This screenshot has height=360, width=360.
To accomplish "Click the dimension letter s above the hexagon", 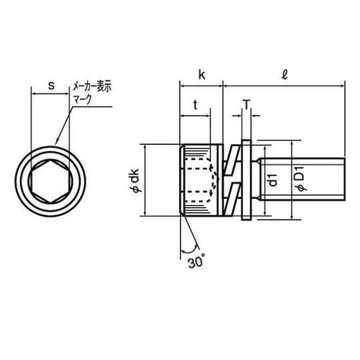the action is click(51, 86).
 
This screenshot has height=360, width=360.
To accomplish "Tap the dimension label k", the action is click(202, 75).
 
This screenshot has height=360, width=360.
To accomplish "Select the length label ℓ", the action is click(284, 76).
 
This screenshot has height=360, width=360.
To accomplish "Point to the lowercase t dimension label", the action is click(196, 104).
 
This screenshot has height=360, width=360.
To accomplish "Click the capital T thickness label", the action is click(246, 104).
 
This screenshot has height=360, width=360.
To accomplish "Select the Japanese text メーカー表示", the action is click(92, 87).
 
